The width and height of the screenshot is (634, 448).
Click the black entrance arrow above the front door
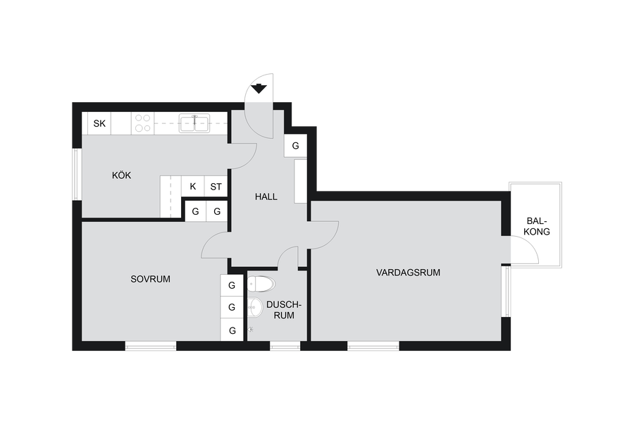pos(259,88)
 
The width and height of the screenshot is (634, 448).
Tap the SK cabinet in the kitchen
pos(99,123)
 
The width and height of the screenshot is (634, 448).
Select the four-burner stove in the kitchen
pos(143,123)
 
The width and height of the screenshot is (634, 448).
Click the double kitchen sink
pos(194,123)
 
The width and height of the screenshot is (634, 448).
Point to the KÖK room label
pos(121,175)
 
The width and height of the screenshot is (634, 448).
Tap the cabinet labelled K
pos(193,187)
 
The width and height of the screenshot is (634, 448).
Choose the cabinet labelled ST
pos(216,187)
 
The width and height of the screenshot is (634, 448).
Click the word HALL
pos(266,197)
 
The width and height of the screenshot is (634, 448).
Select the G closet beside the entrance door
pos(296,146)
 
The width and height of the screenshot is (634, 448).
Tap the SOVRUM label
pos(151,279)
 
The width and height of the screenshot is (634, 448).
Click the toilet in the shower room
pos(261,284)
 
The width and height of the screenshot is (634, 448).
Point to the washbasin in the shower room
pos(255,308)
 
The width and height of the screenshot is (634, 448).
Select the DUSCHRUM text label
pos(284,310)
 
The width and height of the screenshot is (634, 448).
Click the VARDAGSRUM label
pos(408,273)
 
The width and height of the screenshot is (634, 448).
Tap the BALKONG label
pos(537,226)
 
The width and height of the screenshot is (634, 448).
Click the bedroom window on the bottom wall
pos(151,346)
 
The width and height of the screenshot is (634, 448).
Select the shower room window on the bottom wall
pos(285,346)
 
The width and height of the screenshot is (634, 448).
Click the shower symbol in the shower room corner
pos(251,330)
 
